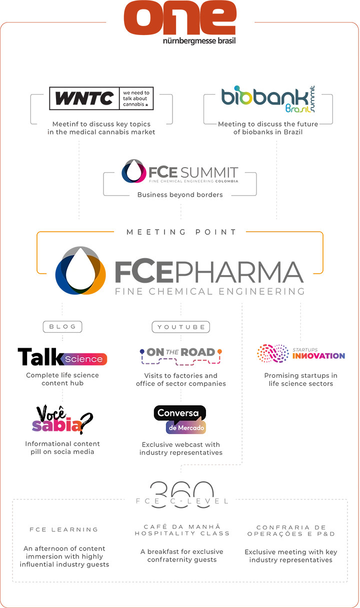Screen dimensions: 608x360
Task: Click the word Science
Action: click(83, 359)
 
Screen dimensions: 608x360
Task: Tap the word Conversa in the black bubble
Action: click(180, 413)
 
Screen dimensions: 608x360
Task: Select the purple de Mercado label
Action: click(185, 428)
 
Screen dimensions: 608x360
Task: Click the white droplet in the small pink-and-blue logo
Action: click(133, 171)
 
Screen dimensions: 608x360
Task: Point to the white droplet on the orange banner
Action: click(80, 269)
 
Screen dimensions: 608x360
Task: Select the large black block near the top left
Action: click(110, 98)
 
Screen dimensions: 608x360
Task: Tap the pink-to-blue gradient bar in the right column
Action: click(322, 356)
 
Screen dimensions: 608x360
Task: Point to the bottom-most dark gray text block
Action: click(182, 556)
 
